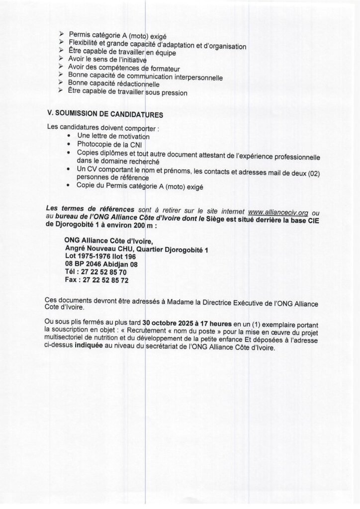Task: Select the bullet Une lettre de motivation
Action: pos(113,136)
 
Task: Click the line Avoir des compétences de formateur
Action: pos(124,68)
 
